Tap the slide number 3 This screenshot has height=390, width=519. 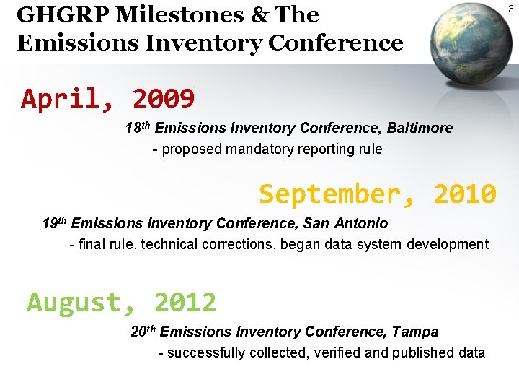tap(511, 9)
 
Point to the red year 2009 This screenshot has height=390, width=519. tap(164, 98)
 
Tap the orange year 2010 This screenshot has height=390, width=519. tap(465, 194)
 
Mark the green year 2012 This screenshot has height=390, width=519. tap(185, 302)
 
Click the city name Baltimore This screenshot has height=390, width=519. tap(420, 129)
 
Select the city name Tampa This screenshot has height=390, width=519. tap(415, 332)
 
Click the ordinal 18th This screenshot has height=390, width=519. tap(137, 129)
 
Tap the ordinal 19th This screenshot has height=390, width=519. tap(55, 223)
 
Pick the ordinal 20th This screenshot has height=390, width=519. tap(143, 332)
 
